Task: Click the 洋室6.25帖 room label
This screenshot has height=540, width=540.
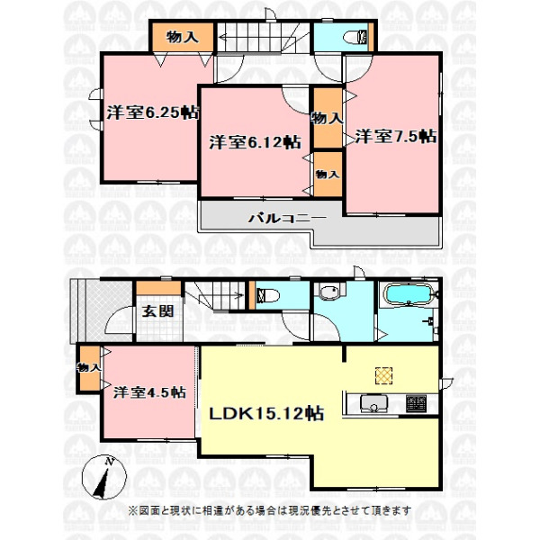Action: [153, 112]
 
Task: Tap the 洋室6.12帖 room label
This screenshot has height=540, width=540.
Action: [256, 142]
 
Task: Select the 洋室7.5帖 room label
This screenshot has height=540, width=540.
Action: [396, 137]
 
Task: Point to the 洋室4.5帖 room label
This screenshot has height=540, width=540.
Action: [149, 392]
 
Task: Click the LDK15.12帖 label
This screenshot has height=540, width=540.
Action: [266, 413]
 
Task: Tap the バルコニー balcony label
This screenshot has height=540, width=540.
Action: [287, 218]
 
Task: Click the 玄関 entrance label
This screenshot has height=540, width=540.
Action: [157, 311]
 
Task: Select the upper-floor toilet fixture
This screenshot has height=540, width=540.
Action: [356, 37]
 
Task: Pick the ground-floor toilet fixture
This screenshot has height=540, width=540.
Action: [267, 295]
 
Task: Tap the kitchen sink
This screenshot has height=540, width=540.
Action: [373, 403]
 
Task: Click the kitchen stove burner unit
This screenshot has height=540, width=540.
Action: [416, 403]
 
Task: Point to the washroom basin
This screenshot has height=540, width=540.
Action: [329, 292]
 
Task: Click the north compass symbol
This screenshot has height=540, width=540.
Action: [104, 477]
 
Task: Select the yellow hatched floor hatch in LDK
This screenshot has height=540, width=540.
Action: [383, 375]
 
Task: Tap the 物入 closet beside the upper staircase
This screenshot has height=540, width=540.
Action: [183, 37]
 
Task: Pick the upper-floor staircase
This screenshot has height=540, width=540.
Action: [263, 38]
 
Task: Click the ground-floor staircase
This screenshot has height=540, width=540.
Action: [214, 295]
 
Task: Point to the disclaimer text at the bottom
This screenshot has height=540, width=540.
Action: [270, 510]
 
